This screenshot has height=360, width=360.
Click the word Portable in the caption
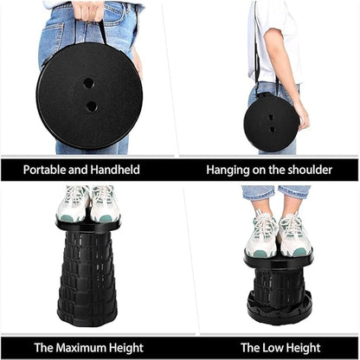[x=44, y=170]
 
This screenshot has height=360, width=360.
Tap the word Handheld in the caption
[x=115, y=170]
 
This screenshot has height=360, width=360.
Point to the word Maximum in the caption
[x=81, y=348]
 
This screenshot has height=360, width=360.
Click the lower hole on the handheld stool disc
[x=92, y=106]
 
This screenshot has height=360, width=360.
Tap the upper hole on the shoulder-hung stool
[x=271, y=118]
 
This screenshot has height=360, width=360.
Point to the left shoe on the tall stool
[x=73, y=203]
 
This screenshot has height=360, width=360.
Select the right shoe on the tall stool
[x=105, y=203]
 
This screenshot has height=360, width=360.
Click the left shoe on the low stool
[x=261, y=235]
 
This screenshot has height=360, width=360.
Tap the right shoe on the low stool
[x=294, y=235]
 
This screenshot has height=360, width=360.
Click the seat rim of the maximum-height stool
[x=88, y=226]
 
